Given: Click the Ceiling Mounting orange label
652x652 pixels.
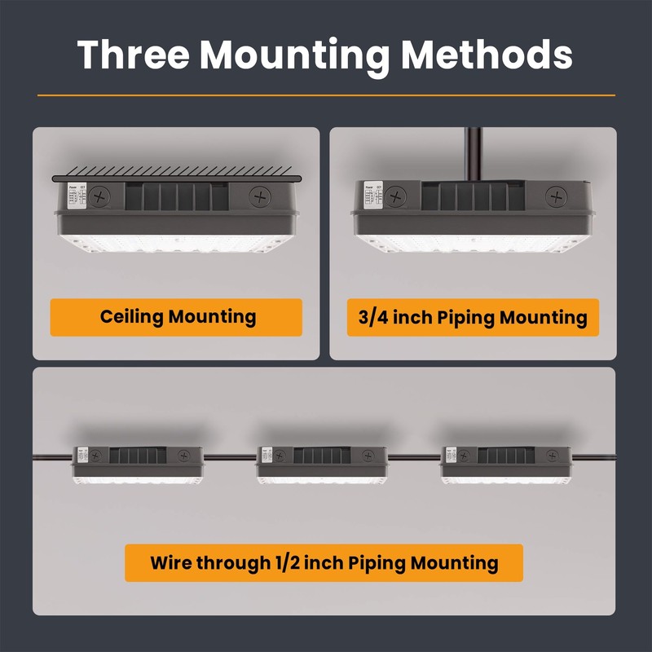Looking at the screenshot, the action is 177,317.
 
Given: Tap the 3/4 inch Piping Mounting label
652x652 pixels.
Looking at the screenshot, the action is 473,317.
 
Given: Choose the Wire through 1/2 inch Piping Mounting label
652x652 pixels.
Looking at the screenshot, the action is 324,562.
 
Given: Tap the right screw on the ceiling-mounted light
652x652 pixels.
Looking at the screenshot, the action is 260,196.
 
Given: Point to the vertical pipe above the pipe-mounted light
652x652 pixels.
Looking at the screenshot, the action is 471,153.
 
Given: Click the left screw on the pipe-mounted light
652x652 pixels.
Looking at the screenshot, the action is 396,196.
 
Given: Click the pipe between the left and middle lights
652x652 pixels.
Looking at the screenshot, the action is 230,457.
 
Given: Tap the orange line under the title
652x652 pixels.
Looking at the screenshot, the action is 326,95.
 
